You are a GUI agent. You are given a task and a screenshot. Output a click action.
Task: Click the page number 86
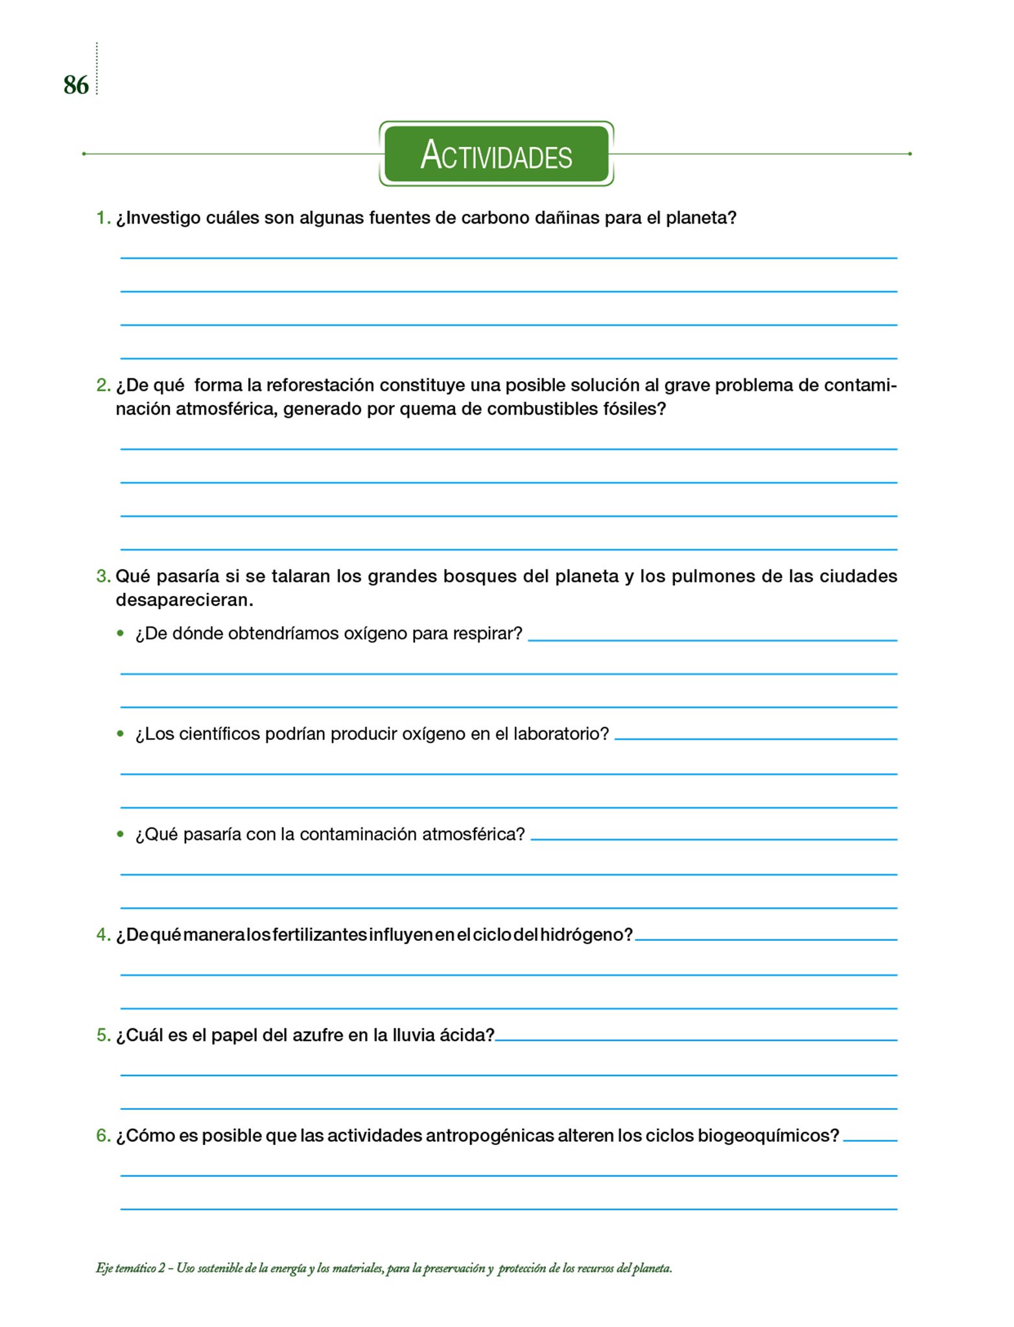(x=76, y=86)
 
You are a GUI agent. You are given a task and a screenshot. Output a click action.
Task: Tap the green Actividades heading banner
(x=496, y=154)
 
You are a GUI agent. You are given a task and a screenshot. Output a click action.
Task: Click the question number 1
(x=103, y=218)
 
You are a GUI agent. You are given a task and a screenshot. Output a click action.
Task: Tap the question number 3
(x=103, y=576)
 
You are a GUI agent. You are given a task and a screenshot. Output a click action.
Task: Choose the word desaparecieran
(x=183, y=600)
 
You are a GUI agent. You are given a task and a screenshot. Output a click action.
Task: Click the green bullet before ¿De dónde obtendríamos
(x=120, y=633)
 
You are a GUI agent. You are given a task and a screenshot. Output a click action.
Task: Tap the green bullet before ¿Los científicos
(x=120, y=733)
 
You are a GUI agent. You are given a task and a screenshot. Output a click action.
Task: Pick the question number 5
(x=103, y=1035)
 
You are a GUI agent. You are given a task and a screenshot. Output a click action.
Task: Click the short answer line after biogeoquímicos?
(x=870, y=1140)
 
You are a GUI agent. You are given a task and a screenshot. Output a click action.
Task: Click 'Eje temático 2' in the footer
(x=130, y=1269)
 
